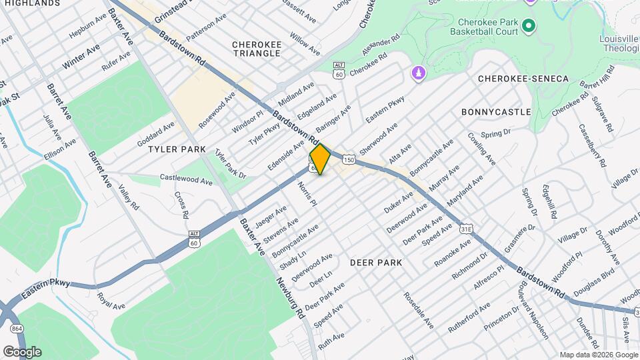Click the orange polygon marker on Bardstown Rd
click(x=320, y=159)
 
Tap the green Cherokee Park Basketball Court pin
click(x=529, y=26)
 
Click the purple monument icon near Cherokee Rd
click(x=418, y=71)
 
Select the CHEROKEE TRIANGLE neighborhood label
click(x=256, y=49)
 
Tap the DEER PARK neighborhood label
click(x=376, y=263)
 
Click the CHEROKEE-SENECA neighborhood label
click(x=523, y=79)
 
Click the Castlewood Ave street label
click(x=185, y=179)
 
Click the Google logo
click(x=22, y=351)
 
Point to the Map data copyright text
click(x=599, y=355)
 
